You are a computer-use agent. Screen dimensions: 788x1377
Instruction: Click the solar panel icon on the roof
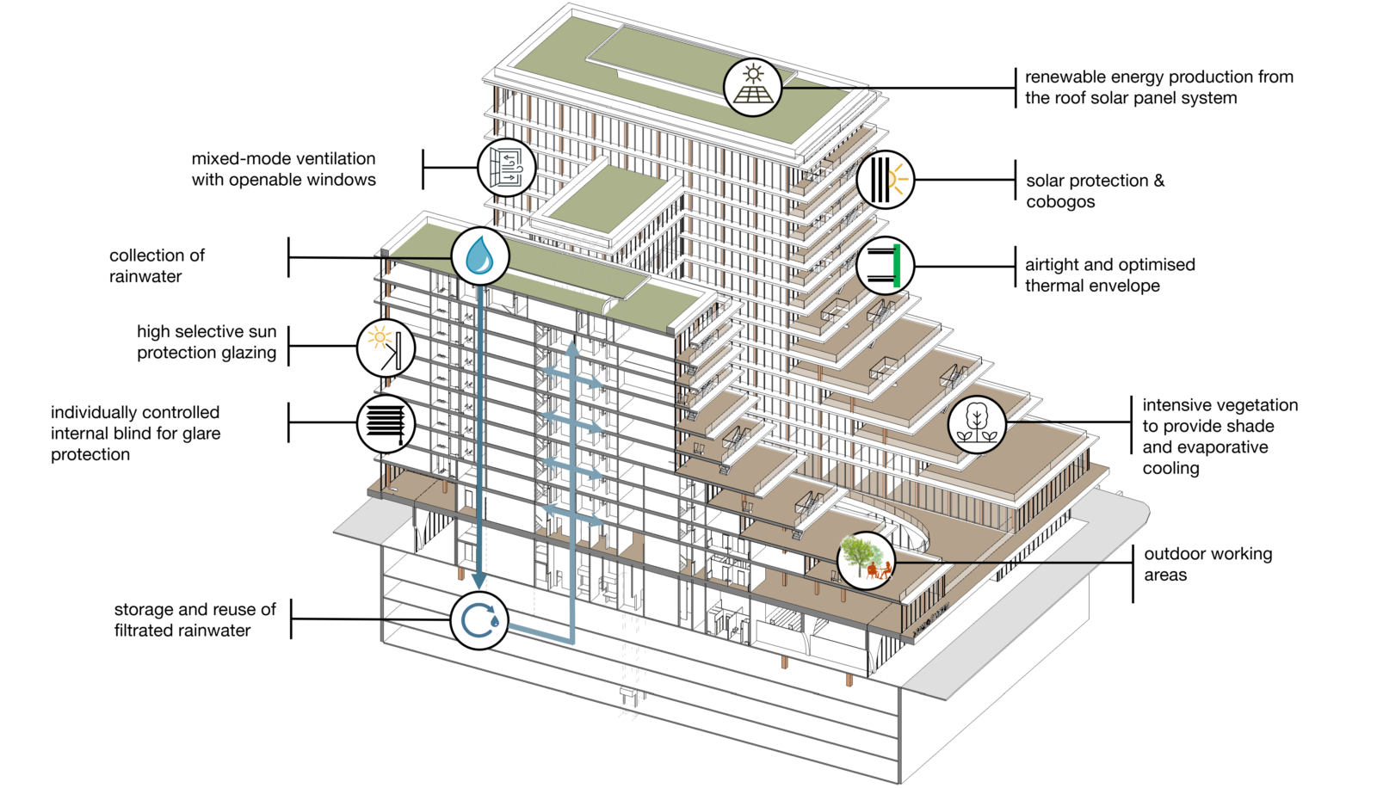click(x=752, y=87)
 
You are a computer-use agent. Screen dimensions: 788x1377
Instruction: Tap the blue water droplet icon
click(x=479, y=256)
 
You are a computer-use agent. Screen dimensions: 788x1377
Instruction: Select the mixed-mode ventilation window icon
click(x=507, y=168)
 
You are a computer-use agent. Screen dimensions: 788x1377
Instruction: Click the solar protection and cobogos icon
click(x=886, y=180)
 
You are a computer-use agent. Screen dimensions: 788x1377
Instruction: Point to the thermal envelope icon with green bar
click(x=886, y=266)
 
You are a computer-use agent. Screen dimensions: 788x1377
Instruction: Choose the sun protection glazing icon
click(x=386, y=348)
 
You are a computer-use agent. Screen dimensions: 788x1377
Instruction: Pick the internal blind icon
click(x=386, y=423)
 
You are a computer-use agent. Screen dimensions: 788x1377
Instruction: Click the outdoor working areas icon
click(x=866, y=560)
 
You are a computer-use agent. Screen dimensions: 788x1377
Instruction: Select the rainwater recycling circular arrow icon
click(x=479, y=620)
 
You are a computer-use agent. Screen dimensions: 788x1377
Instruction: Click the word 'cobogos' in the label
click(x=1060, y=202)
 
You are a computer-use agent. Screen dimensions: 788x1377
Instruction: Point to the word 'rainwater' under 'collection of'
click(x=145, y=277)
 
